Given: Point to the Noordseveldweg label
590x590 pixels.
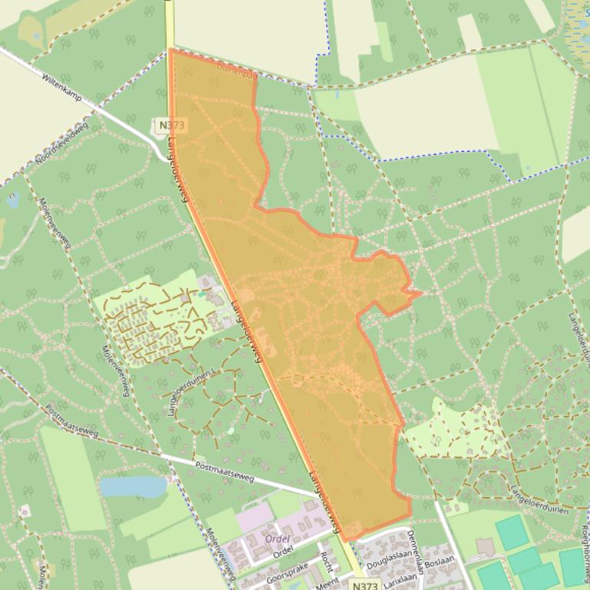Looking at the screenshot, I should pos(61,143).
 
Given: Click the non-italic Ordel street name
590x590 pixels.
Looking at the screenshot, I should pos(283,552).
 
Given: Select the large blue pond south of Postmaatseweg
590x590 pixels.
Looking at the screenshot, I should pos(133,486).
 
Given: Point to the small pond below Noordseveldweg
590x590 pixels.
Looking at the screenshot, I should pos(13,201).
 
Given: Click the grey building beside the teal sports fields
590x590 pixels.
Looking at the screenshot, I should pos(485,547).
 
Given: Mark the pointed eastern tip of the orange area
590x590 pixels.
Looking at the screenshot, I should pos(420,292).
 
